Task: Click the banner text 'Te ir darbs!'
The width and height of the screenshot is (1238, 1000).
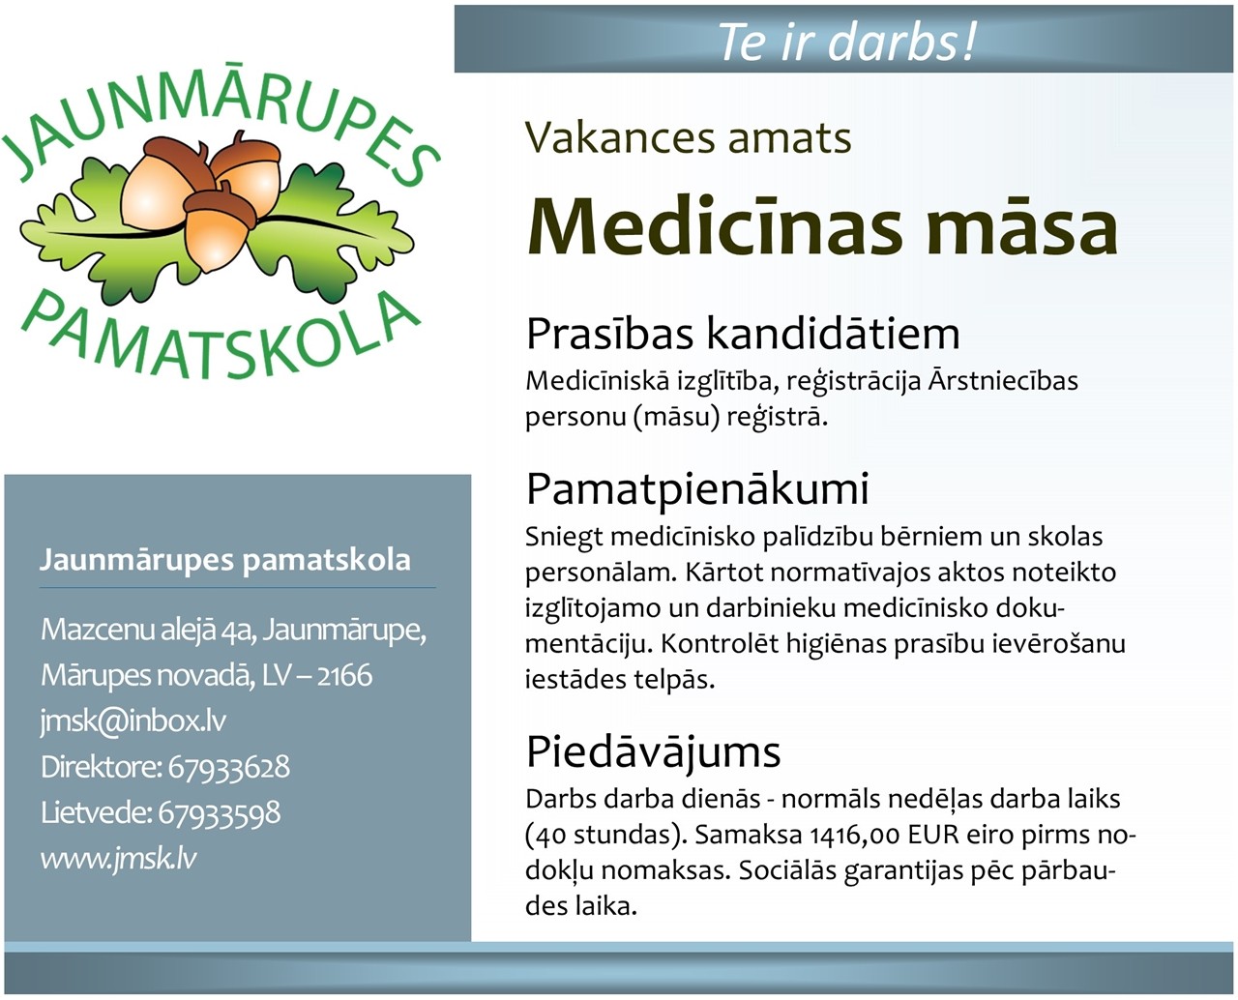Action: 847,42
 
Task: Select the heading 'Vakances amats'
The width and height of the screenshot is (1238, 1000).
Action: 689,137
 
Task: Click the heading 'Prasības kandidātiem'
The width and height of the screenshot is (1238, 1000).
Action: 743,335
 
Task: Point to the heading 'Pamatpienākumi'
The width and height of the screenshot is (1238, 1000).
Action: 697,489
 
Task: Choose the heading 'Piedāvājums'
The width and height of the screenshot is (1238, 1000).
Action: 653,753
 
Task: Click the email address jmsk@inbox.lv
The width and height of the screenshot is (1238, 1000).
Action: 133,721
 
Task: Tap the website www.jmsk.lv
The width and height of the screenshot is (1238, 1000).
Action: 119,858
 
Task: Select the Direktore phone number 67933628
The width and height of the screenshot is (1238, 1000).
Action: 229,767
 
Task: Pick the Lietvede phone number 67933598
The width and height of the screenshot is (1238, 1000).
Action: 220,813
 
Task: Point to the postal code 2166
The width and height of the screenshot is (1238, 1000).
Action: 344,675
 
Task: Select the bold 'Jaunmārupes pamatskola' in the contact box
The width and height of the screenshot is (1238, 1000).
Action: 225,560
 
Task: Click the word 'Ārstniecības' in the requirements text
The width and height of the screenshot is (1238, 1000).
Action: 1004,381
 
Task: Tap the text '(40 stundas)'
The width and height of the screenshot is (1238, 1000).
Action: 605,835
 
